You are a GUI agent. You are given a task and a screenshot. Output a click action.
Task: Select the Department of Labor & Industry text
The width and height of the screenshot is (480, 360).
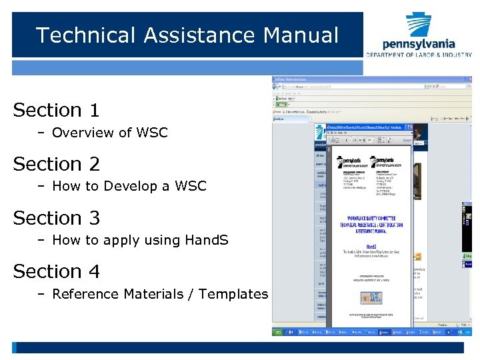[x=418, y=54]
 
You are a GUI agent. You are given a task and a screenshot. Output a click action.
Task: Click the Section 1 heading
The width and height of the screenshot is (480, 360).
[x=56, y=110]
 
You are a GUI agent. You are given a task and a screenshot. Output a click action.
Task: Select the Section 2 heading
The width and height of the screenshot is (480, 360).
[x=56, y=164]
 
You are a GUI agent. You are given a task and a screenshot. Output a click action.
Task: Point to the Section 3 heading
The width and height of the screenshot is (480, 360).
[x=56, y=218]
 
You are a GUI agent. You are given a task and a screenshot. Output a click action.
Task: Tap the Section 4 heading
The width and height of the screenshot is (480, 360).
[x=56, y=272]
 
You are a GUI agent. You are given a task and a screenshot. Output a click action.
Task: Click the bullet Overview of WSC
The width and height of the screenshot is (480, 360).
[x=109, y=133]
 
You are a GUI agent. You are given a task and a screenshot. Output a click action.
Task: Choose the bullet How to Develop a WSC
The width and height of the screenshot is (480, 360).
[x=129, y=186]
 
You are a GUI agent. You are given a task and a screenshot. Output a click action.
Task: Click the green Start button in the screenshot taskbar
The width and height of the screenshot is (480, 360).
[x=281, y=331]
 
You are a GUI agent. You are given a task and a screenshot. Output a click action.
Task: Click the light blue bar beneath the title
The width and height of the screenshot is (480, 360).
[x=187, y=67]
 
